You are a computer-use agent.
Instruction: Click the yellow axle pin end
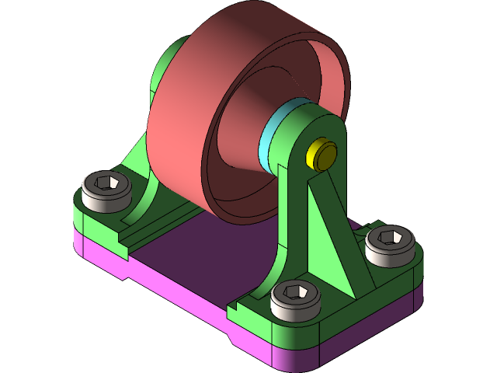point(322,155)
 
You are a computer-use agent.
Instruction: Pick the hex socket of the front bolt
point(296,292)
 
